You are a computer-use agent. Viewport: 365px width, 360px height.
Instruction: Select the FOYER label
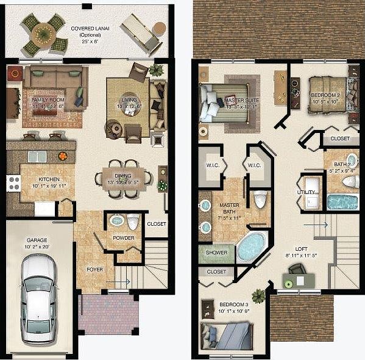point(94,269)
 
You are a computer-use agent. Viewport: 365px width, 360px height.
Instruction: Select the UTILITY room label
point(306,192)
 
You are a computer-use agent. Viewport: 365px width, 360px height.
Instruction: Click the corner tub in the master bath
point(250,246)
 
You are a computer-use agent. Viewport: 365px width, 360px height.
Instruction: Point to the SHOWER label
point(216,253)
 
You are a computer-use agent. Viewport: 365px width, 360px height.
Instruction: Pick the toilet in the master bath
point(260,199)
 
